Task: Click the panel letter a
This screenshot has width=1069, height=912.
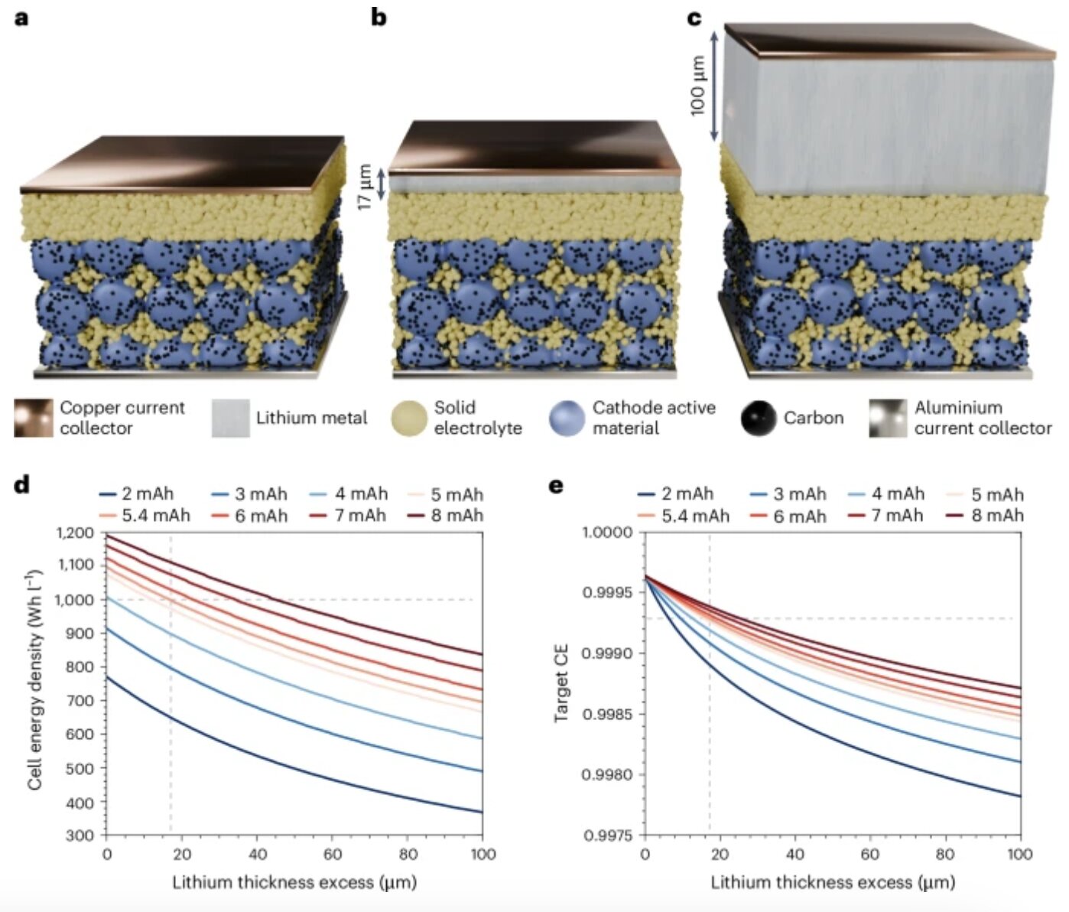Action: [x=21, y=18]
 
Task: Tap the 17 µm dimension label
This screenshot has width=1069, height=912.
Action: [x=365, y=187]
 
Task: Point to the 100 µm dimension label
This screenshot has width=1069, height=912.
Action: [x=697, y=86]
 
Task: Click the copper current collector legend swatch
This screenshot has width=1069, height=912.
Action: [x=34, y=418]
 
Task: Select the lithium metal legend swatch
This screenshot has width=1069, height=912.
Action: [x=230, y=418]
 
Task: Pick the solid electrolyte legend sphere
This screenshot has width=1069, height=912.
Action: [x=409, y=418]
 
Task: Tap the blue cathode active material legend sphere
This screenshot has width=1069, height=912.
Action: [x=567, y=418]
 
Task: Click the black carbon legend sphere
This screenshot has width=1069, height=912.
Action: [x=759, y=418]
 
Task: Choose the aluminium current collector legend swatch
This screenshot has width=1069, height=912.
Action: [x=887, y=418]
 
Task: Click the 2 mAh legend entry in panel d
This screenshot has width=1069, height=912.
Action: [x=138, y=494]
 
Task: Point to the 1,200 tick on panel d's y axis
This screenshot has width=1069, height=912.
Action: [x=75, y=533]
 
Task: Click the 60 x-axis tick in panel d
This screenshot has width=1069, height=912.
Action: [x=332, y=854]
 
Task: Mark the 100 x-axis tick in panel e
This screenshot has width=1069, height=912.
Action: [x=1019, y=854]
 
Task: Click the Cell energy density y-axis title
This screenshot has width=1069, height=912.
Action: [x=34, y=680]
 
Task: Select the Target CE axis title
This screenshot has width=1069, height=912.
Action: [x=561, y=683]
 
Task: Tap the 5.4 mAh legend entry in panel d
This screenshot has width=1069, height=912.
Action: [x=145, y=516]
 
